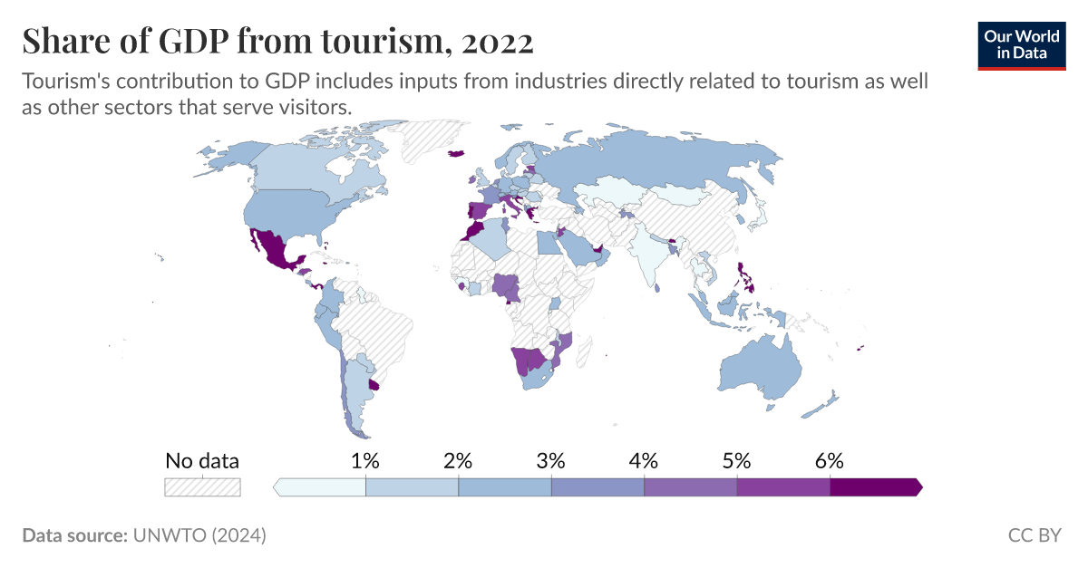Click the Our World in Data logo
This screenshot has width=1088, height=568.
1022,45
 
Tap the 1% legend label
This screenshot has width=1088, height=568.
364,460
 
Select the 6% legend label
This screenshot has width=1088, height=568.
829,460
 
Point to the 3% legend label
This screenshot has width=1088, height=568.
550,460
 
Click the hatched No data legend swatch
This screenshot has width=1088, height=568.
202,487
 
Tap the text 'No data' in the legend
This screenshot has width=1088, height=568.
202,460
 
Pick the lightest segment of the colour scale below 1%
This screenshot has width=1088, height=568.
320,487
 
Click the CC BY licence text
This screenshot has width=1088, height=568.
1034,535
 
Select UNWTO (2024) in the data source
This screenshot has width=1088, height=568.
199,535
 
